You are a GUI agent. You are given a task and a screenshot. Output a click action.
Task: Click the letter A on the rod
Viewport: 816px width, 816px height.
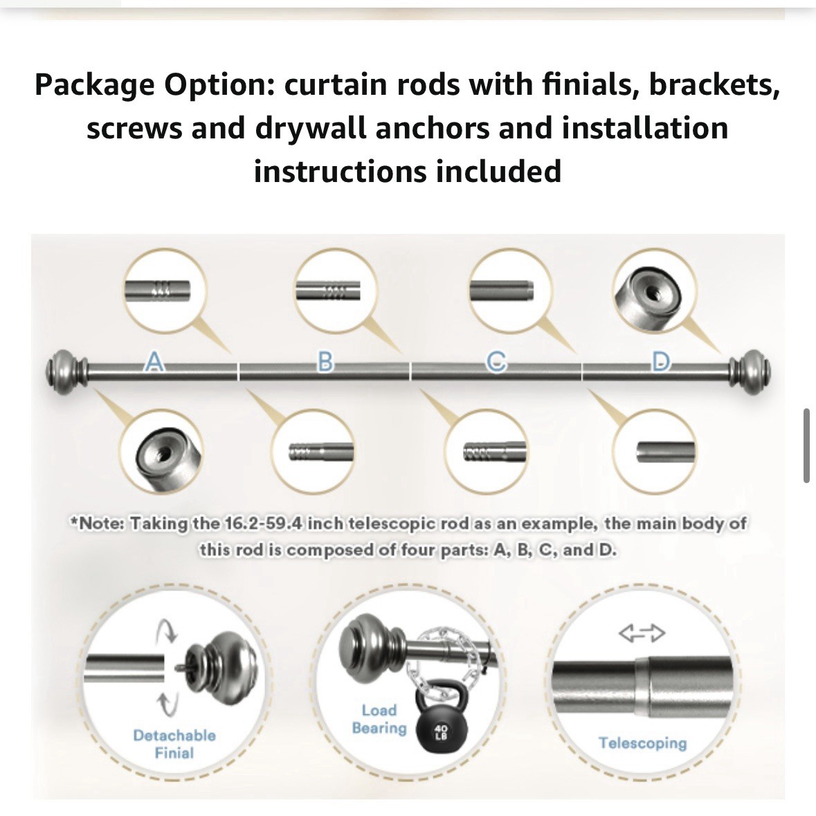(x=153, y=362)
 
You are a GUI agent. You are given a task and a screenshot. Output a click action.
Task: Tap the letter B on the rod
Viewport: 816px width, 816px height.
(x=325, y=362)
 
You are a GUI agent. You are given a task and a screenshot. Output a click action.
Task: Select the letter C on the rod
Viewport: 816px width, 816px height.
(x=496, y=362)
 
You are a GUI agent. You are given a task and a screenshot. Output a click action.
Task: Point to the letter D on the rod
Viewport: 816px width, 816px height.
(x=660, y=362)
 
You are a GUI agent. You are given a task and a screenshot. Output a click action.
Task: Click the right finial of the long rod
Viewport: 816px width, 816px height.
(x=750, y=372)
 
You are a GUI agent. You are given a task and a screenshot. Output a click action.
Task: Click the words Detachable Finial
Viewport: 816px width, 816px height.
(x=174, y=743)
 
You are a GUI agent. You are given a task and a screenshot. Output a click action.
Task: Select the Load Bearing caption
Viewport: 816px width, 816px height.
(x=379, y=718)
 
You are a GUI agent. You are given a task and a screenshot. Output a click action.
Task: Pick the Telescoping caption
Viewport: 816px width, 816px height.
(x=643, y=743)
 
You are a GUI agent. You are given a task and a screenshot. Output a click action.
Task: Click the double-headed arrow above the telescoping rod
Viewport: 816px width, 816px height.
(x=642, y=633)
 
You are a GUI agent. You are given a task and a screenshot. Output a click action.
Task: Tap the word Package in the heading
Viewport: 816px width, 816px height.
(x=94, y=86)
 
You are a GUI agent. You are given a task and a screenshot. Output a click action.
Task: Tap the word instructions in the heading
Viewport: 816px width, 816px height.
(x=340, y=172)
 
